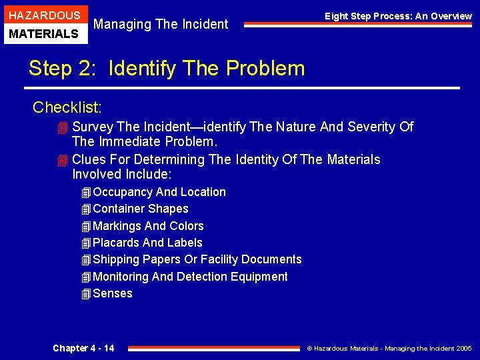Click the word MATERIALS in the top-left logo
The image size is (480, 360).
click(x=44, y=33)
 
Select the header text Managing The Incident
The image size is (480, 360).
click(x=161, y=25)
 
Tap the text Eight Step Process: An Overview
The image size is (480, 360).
click(x=398, y=16)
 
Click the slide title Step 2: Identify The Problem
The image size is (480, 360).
click(x=167, y=68)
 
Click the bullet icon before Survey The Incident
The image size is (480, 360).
click(x=63, y=127)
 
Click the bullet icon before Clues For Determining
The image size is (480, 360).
click(x=63, y=160)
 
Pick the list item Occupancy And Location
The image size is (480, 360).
click(x=159, y=192)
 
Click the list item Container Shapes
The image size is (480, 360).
click(x=140, y=209)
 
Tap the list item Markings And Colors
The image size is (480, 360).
click(x=148, y=226)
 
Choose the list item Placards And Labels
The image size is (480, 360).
click(x=147, y=243)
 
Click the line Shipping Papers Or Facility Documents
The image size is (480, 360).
click(x=197, y=259)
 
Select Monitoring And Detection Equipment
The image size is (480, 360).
click(x=190, y=277)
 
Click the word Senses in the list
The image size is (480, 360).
click(x=113, y=293)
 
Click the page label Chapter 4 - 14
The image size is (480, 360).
click(x=83, y=348)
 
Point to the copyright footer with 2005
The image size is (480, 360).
click(x=389, y=349)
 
